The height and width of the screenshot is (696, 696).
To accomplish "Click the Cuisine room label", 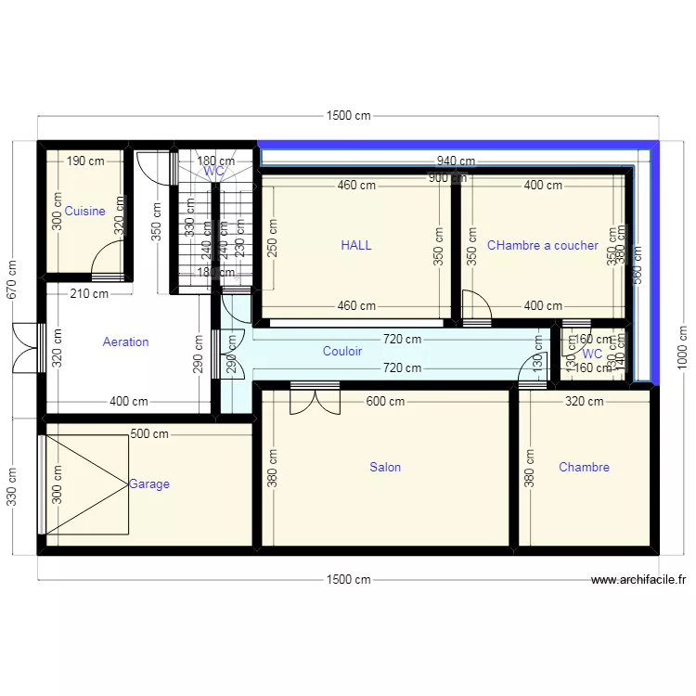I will point(84,212).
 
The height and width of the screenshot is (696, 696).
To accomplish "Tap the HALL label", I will point(355,246).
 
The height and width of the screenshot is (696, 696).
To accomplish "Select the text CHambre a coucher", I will point(542,246).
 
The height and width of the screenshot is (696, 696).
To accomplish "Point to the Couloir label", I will point(342,352).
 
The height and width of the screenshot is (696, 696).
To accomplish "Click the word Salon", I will point(385,467).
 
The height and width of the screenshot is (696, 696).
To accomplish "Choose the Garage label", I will point(149,484).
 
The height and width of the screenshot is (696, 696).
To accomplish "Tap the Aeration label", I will point(125,342).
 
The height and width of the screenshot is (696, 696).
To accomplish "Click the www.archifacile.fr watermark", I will point(638,580).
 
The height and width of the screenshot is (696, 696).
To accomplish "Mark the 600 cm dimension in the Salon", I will point(385,402).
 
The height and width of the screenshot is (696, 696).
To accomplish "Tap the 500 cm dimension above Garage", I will point(148,433).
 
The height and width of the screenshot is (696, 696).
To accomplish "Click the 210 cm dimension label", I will point(89,294).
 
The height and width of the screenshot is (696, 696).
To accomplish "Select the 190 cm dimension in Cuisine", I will point(85,161).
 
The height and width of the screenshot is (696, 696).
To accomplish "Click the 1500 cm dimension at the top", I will point(348,116).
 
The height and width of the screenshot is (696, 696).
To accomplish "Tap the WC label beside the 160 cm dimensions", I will point(592,354).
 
